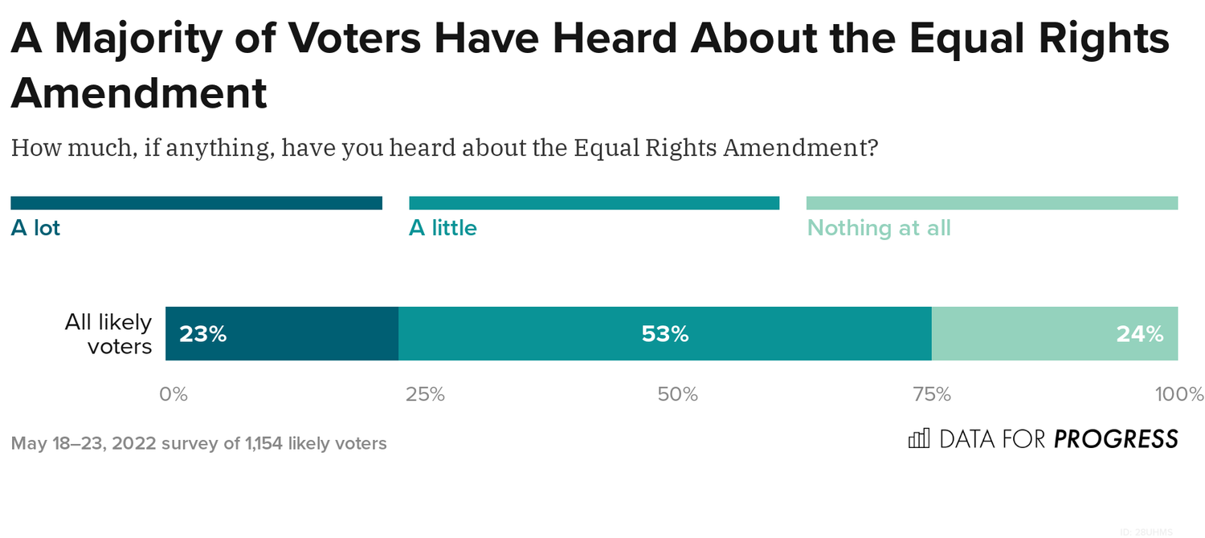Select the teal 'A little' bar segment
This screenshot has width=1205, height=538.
(562, 334)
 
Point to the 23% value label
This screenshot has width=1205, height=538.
(202, 334)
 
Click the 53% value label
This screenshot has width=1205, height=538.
(664, 334)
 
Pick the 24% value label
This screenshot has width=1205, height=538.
(1139, 334)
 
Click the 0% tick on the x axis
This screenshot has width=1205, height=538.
(174, 394)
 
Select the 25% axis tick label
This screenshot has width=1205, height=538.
(425, 394)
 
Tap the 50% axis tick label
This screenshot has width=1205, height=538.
(677, 394)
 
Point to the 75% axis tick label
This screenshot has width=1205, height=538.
(931, 394)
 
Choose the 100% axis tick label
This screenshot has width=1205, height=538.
(1178, 394)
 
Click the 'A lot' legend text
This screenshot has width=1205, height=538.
(35, 228)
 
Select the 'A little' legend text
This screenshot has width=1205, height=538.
(443, 228)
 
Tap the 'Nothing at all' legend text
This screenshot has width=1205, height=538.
(879, 228)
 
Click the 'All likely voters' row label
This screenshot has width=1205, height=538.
(108, 334)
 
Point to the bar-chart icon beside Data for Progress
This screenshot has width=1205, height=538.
(918, 438)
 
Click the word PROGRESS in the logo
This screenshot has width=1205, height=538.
(1116, 439)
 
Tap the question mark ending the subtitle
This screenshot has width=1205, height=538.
(872, 148)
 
